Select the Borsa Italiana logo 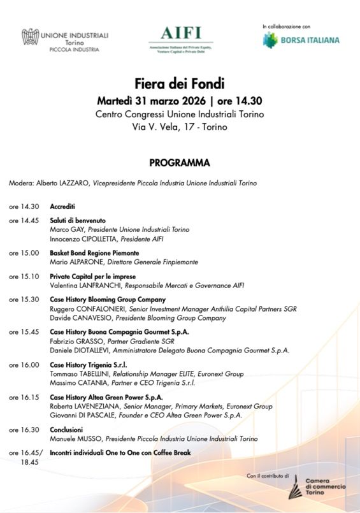301,40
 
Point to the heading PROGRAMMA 180,163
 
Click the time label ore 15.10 24,277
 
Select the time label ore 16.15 24,397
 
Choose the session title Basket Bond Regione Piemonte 94,253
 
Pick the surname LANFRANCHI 104,285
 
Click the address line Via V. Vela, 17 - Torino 180,127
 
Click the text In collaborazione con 286,27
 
